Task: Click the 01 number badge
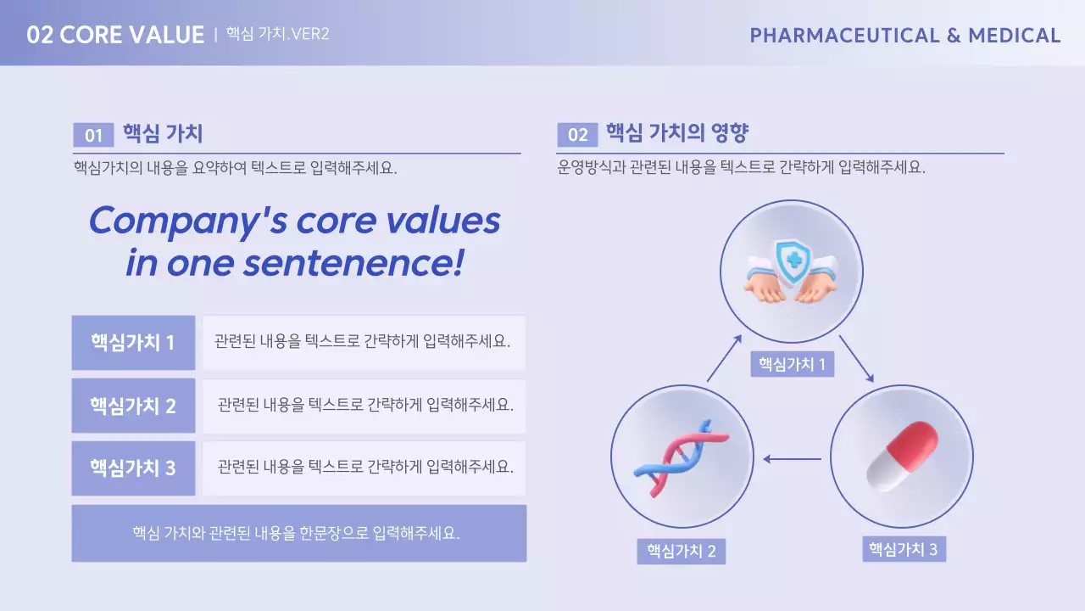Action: [x=93, y=135]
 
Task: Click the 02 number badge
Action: [x=577, y=135]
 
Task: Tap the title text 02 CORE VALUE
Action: [x=115, y=35]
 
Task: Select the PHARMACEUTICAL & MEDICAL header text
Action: [x=904, y=36]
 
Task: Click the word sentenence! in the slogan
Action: [x=353, y=263]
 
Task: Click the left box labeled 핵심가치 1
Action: [x=133, y=343]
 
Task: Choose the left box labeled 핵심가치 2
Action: [x=133, y=406]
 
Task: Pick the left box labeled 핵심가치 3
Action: [x=133, y=468]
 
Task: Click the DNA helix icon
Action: [x=681, y=457]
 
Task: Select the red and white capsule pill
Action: [x=902, y=456]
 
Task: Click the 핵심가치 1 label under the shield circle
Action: [x=792, y=365]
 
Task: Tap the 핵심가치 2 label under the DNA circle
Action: [x=681, y=552]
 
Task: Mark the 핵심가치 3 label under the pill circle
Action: [x=903, y=549]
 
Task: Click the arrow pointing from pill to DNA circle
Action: [x=792, y=459]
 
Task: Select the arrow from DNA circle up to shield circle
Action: [x=724, y=357]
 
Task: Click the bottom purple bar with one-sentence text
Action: [x=298, y=533]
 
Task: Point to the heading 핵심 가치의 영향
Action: [x=676, y=133]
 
